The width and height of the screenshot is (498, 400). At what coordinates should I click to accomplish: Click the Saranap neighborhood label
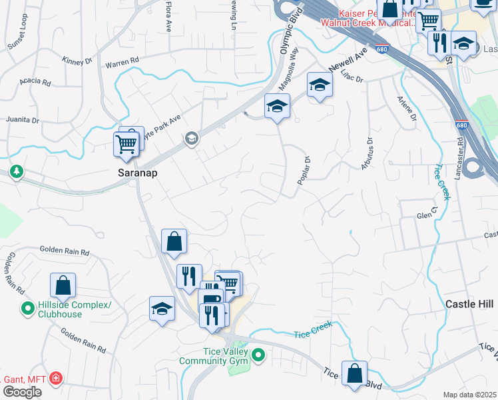click(137, 172)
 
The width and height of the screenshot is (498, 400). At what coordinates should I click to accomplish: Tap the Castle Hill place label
click(471, 304)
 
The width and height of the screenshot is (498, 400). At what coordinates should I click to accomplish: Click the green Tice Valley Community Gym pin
click(258, 356)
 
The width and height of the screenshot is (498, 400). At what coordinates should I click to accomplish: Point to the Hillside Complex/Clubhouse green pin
click(27, 309)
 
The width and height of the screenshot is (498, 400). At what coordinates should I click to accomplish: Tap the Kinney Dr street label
click(77, 61)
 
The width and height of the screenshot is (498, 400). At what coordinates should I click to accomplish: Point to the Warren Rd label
click(122, 61)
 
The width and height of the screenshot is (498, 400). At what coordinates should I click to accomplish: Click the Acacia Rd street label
click(35, 83)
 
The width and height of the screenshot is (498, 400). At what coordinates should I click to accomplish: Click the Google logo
click(21, 391)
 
